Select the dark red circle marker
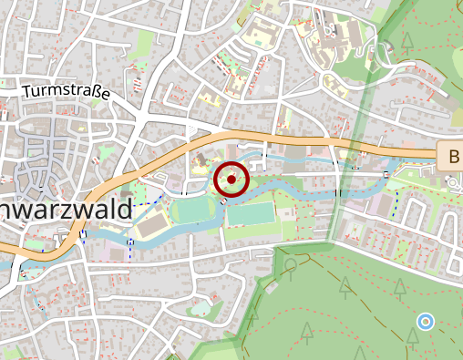pos(232,180)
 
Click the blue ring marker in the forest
pos(425,321)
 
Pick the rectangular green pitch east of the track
pos(251,214)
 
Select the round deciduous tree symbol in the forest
pos(291,264)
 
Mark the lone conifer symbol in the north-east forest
pos(406,42)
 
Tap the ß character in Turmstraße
pos(94,93)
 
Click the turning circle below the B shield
pos(452,182)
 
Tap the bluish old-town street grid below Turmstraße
pos(46,146)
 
